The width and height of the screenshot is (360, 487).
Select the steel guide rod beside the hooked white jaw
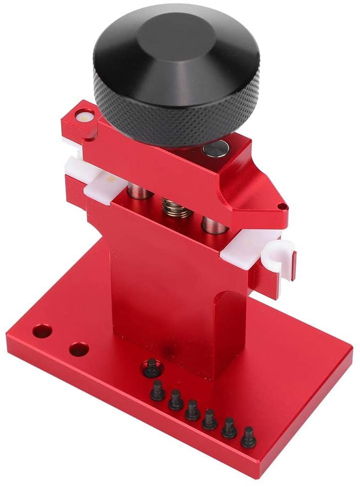click(x=212, y=221)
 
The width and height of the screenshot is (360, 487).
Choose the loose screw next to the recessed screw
click(x=158, y=390)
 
